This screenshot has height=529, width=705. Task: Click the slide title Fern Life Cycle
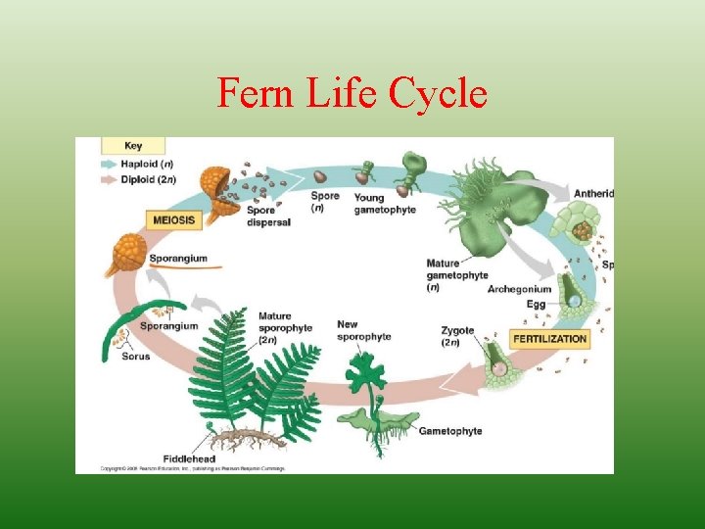click(x=352, y=94)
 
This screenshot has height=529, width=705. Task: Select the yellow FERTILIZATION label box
click(x=549, y=339)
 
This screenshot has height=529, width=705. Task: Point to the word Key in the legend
click(x=133, y=146)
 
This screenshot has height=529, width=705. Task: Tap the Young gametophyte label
click(x=371, y=204)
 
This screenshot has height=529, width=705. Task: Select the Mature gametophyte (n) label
click(x=456, y=275)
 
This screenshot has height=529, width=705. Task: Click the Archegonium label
click(x=519, y=290)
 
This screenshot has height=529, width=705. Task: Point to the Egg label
click(x=537, y=305)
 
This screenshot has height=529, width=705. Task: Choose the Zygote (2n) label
click(x=457, y=337)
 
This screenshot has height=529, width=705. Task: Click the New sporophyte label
click(x=363, y=330)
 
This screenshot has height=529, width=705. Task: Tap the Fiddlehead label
click(x=190, y=457)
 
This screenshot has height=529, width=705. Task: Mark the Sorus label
click(x=136, y=357)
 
